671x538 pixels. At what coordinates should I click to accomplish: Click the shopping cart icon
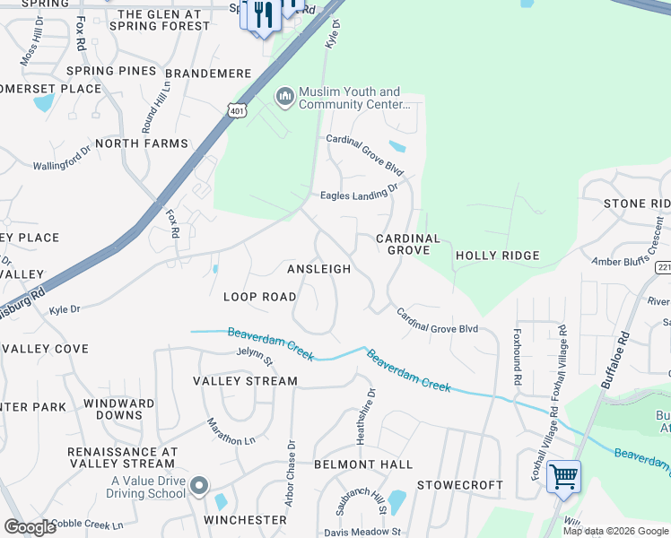tap(563, 476)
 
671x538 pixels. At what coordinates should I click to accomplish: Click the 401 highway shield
tap(236, 110)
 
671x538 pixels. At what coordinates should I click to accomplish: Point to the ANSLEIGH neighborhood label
tap(318, 269)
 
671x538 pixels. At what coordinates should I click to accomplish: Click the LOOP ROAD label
tap(259, 297)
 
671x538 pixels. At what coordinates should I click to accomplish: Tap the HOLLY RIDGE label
tap(498, 256)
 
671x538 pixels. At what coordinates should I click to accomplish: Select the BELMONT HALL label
tap(363, 464)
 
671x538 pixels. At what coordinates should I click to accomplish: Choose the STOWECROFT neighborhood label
tap(460, 485)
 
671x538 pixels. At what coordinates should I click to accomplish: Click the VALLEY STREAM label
tap(245, 381)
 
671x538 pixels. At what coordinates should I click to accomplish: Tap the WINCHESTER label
tap(245, 520)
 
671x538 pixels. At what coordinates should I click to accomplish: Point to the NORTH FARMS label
tap(142, 143)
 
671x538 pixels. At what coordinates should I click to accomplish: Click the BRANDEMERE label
tap(198, 71)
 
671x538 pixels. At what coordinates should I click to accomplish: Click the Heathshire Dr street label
tap(370, 403)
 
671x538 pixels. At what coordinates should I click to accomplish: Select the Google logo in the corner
tap(30, 527)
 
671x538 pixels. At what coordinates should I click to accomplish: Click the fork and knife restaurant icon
tap(263, 15)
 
